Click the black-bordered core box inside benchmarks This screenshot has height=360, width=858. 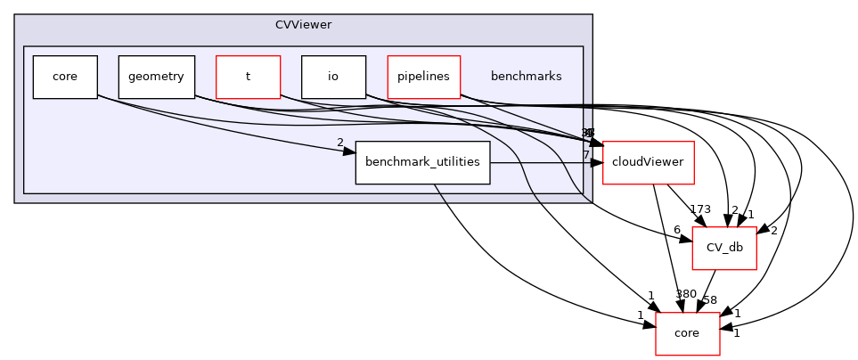[65, 77]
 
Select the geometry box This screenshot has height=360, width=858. [156, 77]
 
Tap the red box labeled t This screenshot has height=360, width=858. [248, 77]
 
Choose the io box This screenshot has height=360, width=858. [333, 77]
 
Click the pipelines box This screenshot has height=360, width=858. [423, 77]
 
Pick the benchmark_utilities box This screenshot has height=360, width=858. [422, 162]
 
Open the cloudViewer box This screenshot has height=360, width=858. [636, 162]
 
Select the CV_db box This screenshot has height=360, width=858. [724, 247]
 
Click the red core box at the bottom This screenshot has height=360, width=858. [687, 332]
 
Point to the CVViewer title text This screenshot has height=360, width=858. [303, 24]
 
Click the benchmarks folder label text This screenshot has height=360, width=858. [526, 77]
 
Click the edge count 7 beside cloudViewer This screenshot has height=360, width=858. [585, 156]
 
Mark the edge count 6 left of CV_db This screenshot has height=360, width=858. [677, 230]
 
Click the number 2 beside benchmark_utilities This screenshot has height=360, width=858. [339, 143]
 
